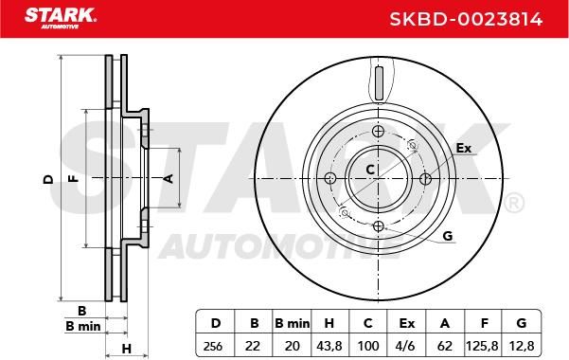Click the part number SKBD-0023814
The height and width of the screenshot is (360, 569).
[x=466, y=19]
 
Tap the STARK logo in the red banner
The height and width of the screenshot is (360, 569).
[x=61, y=18]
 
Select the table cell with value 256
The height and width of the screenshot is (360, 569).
[x=213, y=346]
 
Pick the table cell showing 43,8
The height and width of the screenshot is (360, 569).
[x=329, y=346]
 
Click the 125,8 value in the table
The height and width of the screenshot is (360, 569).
[x=483, y=346]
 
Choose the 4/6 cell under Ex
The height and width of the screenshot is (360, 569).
[x=406, y=346]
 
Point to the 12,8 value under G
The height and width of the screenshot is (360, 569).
[x=522, y=346]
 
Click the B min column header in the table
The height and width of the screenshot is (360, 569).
[x=293, y=323]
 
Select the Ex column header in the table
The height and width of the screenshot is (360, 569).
[x=406, y=323]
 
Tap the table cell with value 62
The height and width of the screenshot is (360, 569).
[x=445, y=346]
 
